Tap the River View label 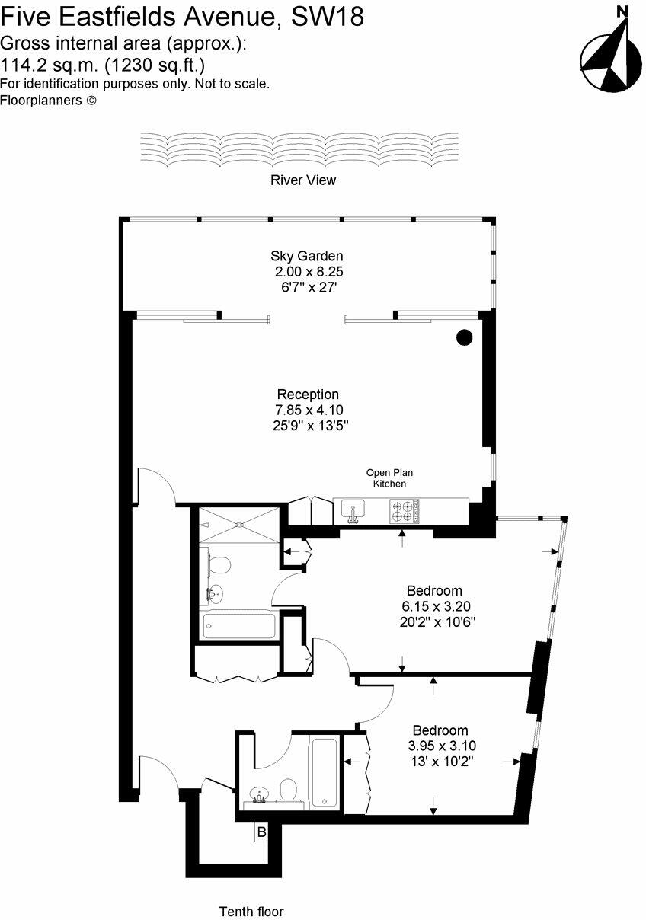pyautogui.click(x=302, y=180)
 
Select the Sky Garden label pyautogui.click(x=306, y=256)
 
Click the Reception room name pyautogui.click(x=308, y=395)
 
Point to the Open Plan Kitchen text pyautogui.click(x=389, y=478)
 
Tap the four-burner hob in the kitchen pyautogui.click(x=405, y=510)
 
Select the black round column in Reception pyautogui.click(x=464, y=337)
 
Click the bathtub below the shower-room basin pyautogui.click(x=238, y=626)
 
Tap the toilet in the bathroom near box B pyautogui.click(x=289, y=791)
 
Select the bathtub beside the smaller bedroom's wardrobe pyautogui.click(x=324, y=771)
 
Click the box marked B pyautogui.click(x=261, y=833)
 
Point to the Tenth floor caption pyautogui.click(x=251, y=912)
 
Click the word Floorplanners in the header pyautogui.click(x=40, y=100)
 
